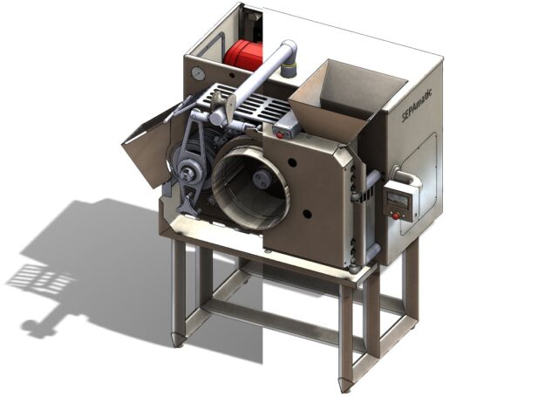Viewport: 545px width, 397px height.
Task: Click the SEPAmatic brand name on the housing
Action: point(417,106)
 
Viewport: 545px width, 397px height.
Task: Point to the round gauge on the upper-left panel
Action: point(197,73)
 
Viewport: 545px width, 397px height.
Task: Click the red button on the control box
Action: point(395,216)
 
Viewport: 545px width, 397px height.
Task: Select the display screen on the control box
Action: point(398,201)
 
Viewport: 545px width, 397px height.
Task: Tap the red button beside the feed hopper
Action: point(279,135)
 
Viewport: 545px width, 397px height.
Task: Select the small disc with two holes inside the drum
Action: point(262,179)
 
